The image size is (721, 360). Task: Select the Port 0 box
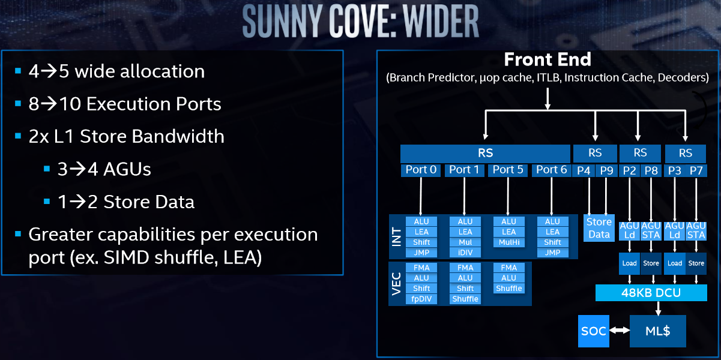(421, 170)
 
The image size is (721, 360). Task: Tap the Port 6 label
(551, 170)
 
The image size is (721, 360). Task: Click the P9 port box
(606, 170)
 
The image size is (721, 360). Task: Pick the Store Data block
(599, 228)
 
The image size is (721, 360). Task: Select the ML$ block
(657, 331)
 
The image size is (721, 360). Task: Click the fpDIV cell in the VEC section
(421, 299)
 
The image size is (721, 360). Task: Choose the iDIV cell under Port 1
(465, 253)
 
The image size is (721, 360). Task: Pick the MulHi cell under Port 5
(508, 242)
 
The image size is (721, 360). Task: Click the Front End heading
(548, 60)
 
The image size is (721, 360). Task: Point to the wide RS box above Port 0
(485, 153)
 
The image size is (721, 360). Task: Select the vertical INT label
(396, 236)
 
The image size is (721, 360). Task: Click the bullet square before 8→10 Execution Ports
(18, 104)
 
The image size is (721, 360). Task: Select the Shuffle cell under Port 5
(508, 289)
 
